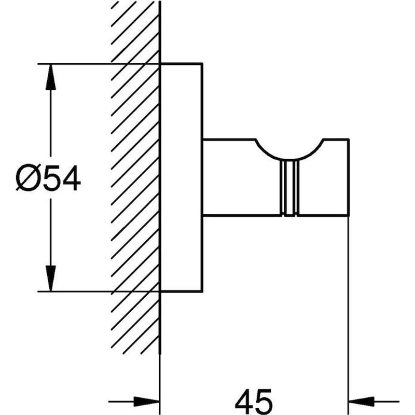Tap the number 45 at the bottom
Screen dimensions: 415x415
tap(254, 401)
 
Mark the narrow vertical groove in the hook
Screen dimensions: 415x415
tap(289, 187)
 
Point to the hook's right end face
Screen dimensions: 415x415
tap(348, 176)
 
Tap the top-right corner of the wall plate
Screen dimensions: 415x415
tap(201, 64)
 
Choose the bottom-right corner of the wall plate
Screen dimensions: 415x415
tap(201, 291)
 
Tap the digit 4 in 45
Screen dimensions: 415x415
tap(244, 401)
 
